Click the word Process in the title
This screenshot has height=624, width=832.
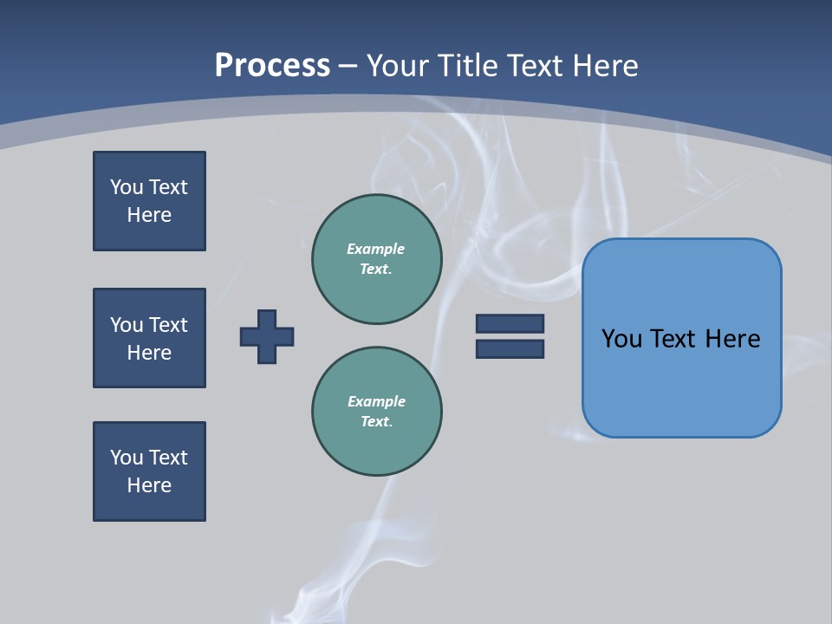click(272, 66)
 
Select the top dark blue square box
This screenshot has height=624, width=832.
click(149, 201)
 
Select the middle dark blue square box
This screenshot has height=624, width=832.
click(149, 338)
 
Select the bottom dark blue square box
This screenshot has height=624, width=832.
click(149, 471)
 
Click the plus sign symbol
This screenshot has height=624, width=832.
click(267, 336)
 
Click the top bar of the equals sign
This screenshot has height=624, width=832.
click(510, 323)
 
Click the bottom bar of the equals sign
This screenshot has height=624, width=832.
click(510, 349)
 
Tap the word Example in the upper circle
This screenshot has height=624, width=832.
click(375, 249)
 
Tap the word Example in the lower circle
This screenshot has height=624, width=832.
click(376, 401)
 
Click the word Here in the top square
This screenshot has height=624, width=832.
click(149, 215)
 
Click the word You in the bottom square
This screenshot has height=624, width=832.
click(127, 458)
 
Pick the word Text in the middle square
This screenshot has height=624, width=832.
click(167, 325)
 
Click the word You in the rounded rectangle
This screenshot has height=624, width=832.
click(621, 339)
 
